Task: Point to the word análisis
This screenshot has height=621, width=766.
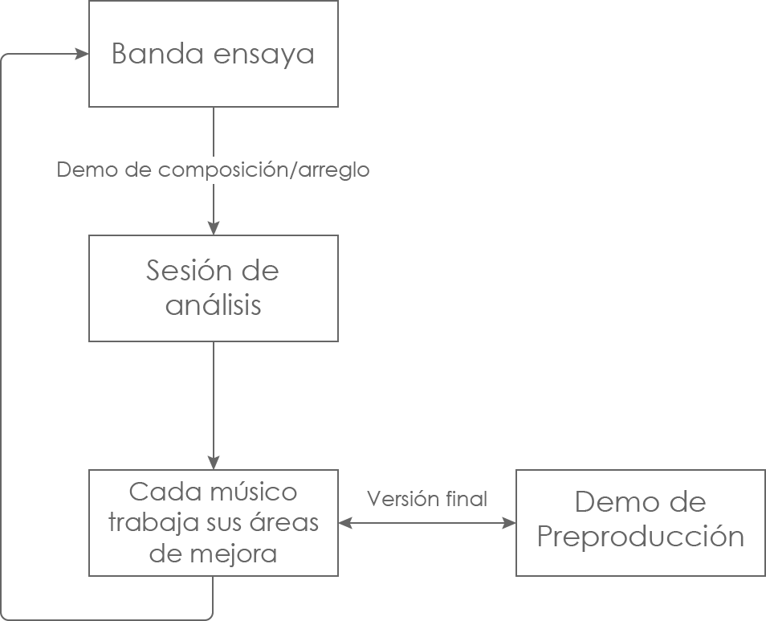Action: (x=214, y=306)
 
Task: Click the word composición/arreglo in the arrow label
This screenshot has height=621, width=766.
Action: (x=257, y=170)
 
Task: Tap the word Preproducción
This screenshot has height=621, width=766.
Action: (x=640, y=537)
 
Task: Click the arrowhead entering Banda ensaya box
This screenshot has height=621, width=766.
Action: (x=82, y=55)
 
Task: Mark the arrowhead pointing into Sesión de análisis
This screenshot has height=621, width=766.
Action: (x=214, y=228)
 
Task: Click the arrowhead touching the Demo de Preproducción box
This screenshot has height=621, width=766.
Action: (x=509, y=523)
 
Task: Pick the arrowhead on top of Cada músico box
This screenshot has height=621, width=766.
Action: (x=214, y=464)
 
